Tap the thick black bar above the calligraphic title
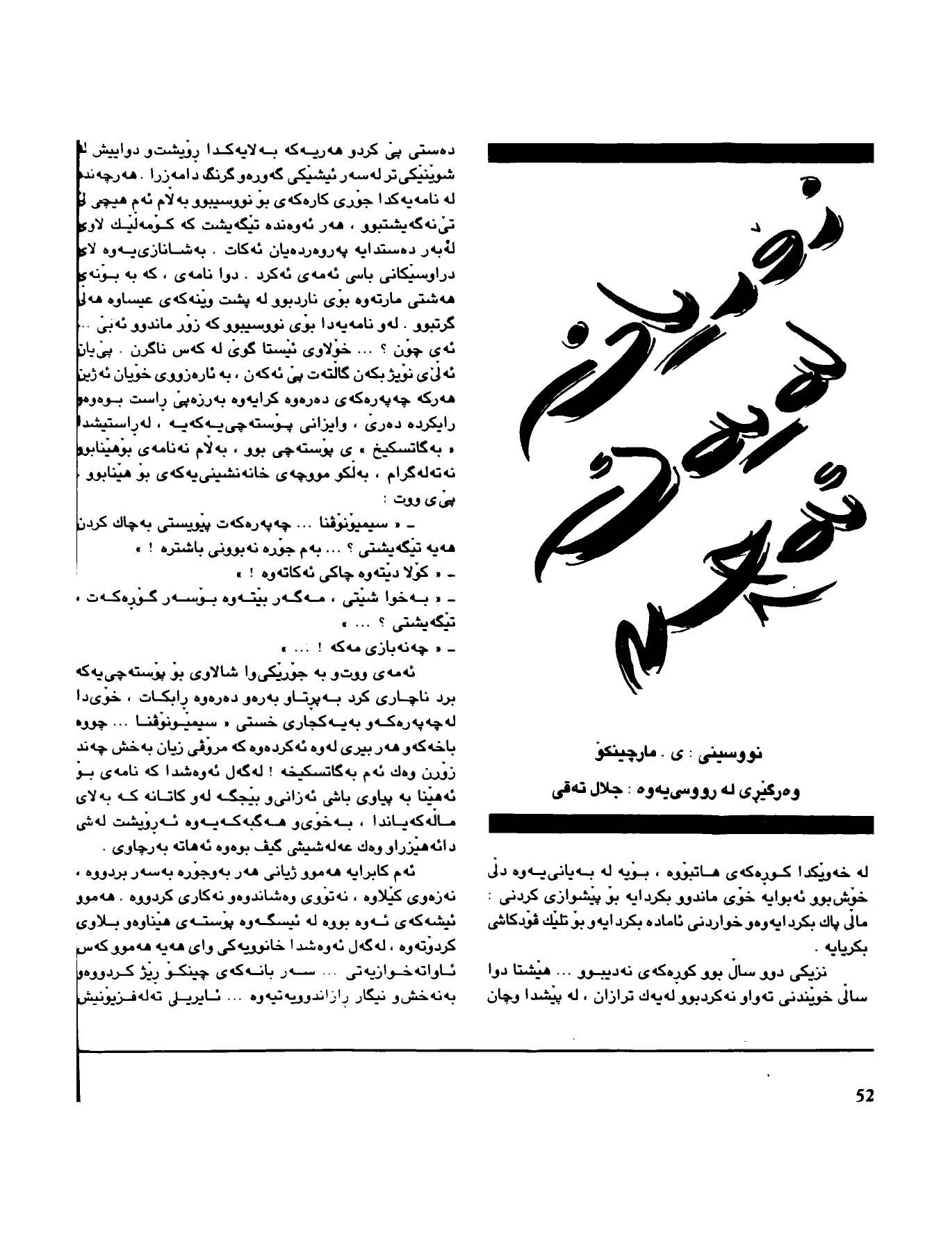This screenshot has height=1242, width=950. point(681,152)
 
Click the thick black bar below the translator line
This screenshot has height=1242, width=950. point(681,823)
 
